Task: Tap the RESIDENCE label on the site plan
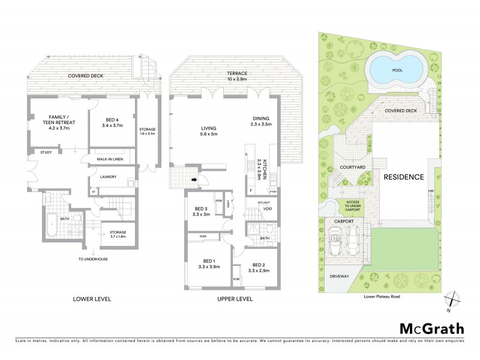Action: click(x=404, y=177)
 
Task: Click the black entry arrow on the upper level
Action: click(x=193, y=178)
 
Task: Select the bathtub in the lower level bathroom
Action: click(x=50, y=223)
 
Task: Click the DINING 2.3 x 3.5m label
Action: click(x=262, y=121)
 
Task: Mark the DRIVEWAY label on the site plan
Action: click(x=339, y=277)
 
